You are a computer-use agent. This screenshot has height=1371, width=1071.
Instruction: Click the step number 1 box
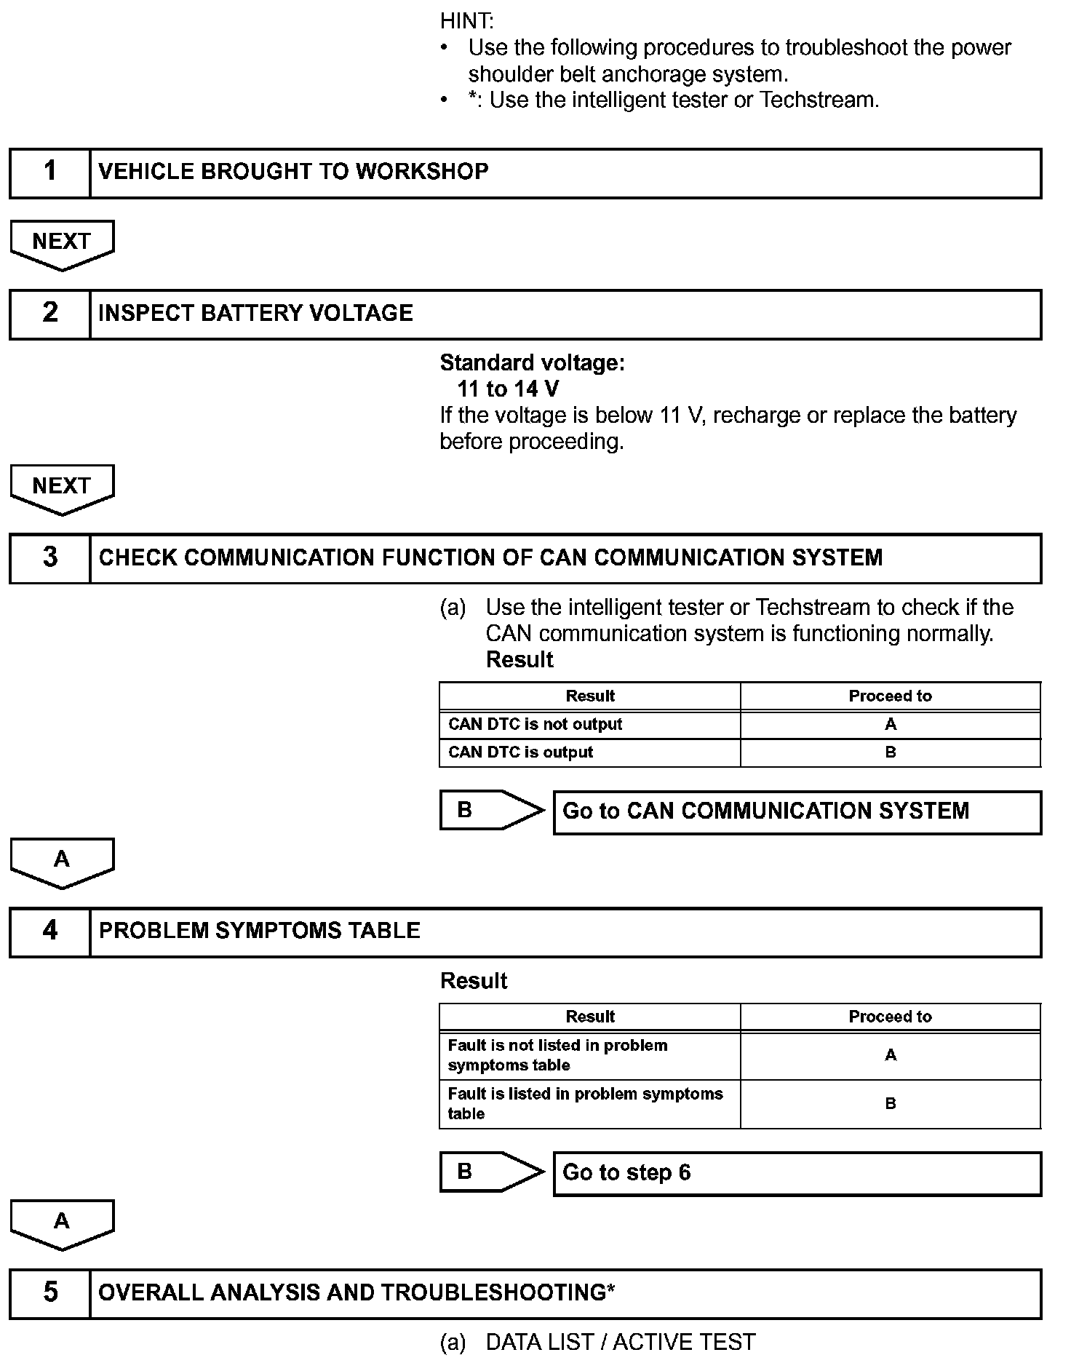coord(49,172)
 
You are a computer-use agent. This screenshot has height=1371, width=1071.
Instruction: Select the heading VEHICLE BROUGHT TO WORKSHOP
coord(293,172)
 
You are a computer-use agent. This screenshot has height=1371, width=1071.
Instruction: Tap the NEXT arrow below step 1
coord(62,243)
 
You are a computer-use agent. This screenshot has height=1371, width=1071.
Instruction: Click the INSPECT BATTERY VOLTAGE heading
coord(255,314)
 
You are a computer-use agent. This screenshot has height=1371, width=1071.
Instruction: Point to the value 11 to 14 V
coord(508,389)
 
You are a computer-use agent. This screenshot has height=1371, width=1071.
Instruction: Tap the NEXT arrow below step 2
coord(62,488)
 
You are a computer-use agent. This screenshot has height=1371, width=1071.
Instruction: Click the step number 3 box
coord(49,558)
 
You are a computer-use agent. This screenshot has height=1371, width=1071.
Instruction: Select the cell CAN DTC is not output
coord(535,725)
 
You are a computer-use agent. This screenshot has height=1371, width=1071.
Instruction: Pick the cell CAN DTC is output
coord(520,752)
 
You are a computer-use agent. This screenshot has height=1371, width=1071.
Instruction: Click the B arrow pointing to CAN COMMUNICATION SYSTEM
coord(490,810)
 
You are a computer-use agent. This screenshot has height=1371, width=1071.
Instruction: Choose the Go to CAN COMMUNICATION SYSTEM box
coord(797,812)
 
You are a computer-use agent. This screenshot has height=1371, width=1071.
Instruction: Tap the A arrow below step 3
coord(62,862)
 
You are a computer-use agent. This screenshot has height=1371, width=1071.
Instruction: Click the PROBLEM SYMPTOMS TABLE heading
coord(259,931)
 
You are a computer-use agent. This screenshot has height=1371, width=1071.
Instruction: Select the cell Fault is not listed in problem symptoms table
coord(557,1055)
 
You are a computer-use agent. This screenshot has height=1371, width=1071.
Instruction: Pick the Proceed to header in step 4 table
coord(890,1017)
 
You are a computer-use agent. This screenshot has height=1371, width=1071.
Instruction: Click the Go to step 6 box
coord(797,1173)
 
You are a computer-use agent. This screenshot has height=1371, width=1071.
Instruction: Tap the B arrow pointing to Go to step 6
coord(490,1172)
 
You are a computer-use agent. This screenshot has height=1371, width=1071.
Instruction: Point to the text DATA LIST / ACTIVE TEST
coord(620,1343)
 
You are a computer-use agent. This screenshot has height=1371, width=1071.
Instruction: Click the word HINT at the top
coord(466,21)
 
